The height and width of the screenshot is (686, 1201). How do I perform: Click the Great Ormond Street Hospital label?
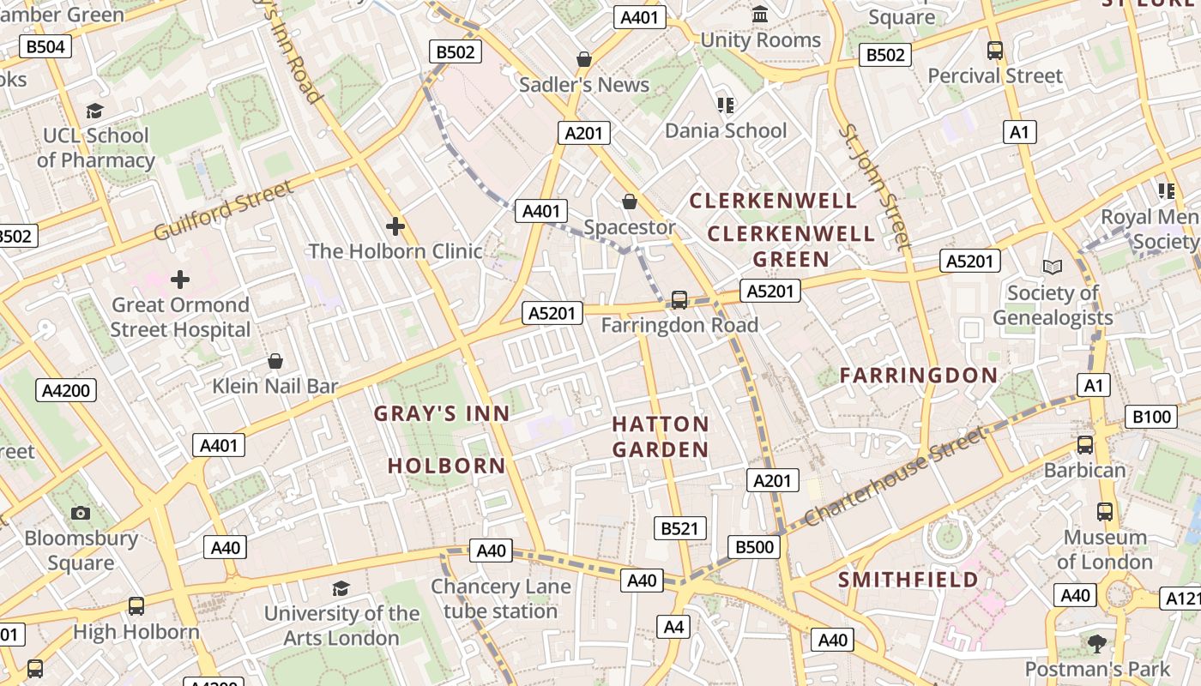(x=180, y=317)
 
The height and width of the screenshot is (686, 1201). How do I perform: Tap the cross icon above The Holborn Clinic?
(x=395, y=226)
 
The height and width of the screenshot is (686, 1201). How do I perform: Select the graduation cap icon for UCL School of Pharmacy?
(x=94, y=111)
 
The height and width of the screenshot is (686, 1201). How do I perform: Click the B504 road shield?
(x=45, y=46)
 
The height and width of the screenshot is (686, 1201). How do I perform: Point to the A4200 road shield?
(x=66, y=391)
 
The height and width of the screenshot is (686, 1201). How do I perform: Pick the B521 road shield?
(x=680, y=528)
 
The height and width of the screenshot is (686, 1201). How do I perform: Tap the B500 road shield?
(x=755, y=547)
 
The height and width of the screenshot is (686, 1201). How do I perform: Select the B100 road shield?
(x=1151, y=418)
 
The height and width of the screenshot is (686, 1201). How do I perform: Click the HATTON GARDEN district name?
(x=661, y=436)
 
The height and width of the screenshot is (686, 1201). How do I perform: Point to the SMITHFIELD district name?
(x=908, y=580)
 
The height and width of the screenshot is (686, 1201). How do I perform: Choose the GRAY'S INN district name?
(x=442, y=413)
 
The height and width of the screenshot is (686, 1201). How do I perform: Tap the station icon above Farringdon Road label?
(x=679, y=299)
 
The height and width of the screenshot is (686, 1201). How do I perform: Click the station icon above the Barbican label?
(x=1085, y=445)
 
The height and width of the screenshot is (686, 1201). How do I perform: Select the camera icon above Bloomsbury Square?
(x=81, y=513)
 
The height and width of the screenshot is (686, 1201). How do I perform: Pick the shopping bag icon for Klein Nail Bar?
(x=275, y=361)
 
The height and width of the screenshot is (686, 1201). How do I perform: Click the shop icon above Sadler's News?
(x=584, y=59)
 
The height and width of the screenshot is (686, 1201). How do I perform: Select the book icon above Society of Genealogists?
(x=1053, y=267)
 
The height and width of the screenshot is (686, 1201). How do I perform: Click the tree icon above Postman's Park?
(x=1097, y=643)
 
